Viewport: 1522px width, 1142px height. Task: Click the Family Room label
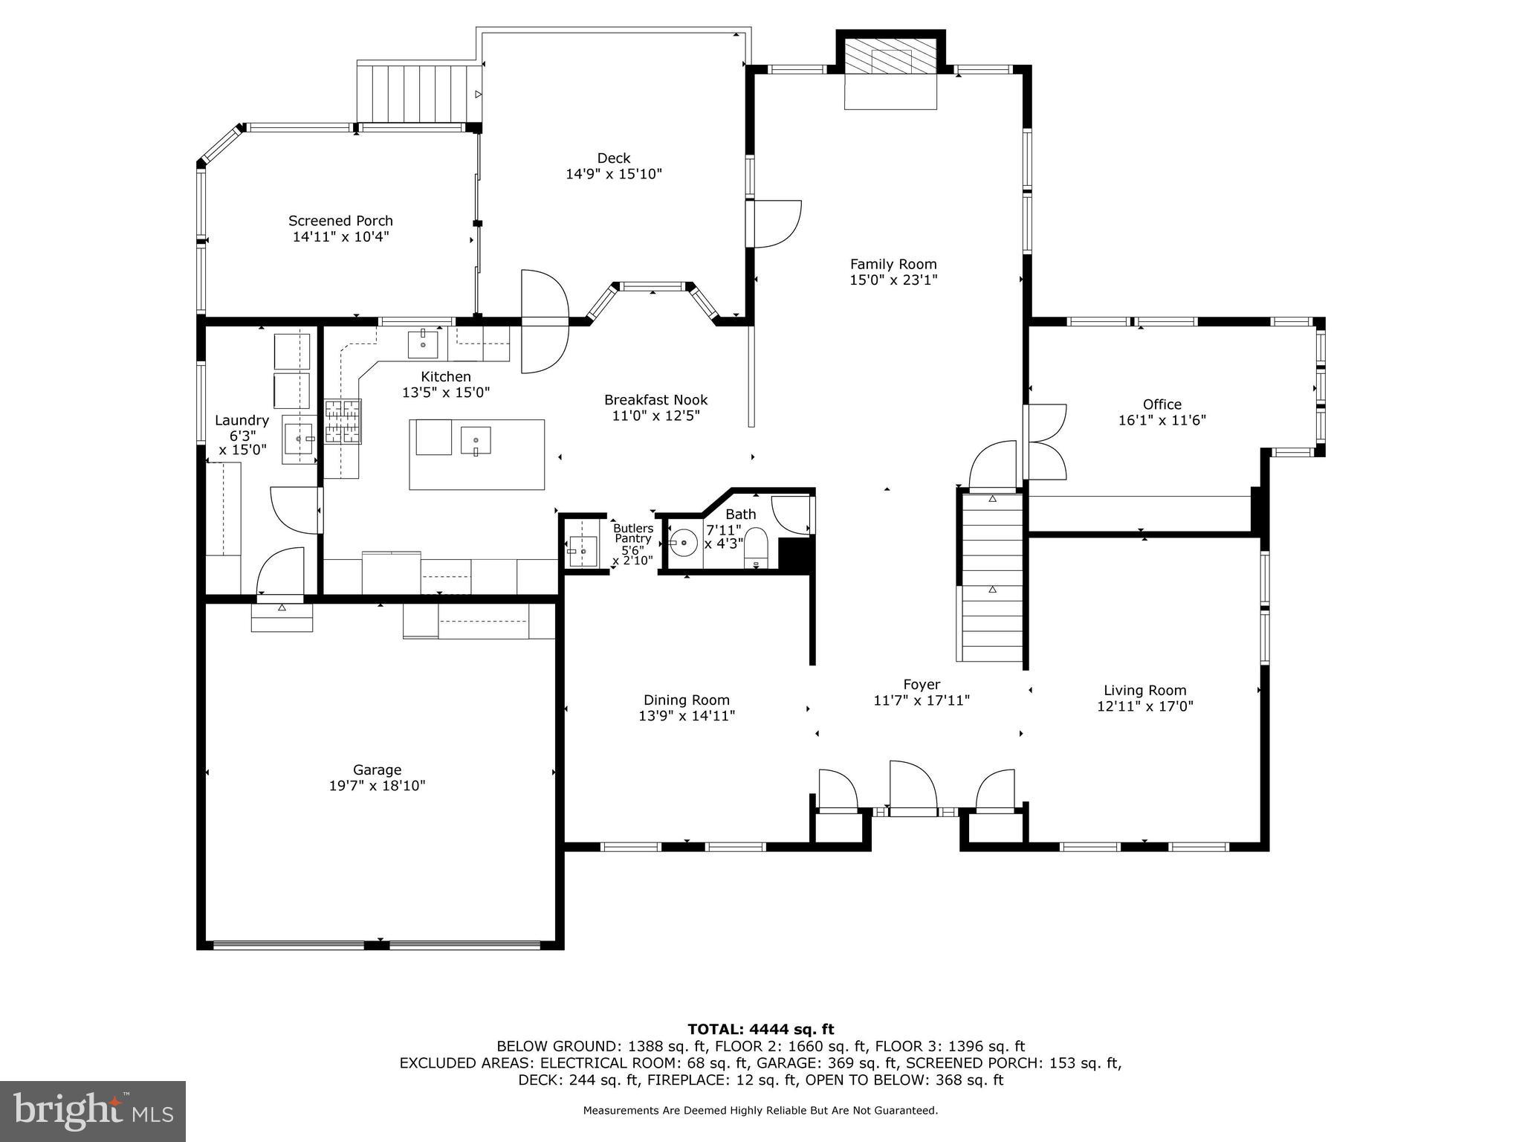(x=893, y=264)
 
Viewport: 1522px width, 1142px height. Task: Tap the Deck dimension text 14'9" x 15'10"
(x=613, y=174)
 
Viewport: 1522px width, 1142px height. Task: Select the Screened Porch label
(x=340, y=221)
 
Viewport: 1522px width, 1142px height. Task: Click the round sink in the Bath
(x=683, y=543)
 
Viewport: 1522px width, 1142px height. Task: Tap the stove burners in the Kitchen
(x=343, y=422)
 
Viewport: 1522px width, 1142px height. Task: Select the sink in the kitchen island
(x=475, y=440)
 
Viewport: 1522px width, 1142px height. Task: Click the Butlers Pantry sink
(x=583, y=551)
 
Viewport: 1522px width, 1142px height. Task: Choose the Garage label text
(x=377, y=770)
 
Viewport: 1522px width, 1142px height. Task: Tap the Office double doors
(x=1045, y=441)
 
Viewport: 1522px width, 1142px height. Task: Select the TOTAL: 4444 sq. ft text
(x=760, y=1029)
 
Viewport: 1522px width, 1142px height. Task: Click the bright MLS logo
(x=93, y=1111)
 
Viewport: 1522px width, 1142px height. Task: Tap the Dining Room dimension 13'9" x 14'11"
(x=686, y=716)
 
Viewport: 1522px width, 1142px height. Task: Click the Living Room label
(x=1144, y=690)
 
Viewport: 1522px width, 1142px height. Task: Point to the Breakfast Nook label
(x=655, y=400)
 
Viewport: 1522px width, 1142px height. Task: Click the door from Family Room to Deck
(x=777, y=224)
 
